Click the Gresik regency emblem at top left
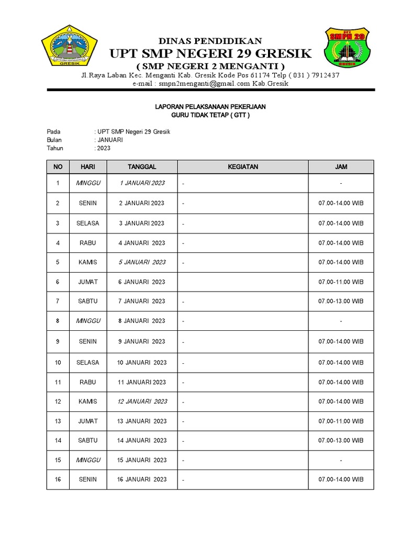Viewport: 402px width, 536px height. click(69, 47)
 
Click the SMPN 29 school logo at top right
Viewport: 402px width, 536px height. click(346, 51)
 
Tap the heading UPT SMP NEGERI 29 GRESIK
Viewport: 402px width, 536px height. click(210, 53)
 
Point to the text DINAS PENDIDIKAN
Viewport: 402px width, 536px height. click(210, 41)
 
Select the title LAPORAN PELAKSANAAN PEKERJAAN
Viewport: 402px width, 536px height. click(210, 107)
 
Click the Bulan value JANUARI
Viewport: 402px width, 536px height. click(109, 140)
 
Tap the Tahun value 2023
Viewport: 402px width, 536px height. click(104, 148)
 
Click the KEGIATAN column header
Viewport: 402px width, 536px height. click(243, 167)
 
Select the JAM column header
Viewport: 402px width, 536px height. click(341, 167)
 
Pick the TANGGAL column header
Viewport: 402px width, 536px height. click(142, 167)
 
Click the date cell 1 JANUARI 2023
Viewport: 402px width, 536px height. click(142, 183)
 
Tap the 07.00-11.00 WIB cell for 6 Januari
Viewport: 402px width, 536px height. click(341, 282)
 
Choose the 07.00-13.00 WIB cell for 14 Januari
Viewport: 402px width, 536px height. click(341, 440)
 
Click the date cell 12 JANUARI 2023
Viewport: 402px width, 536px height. click(142, 401)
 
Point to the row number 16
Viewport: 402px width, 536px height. click(58, 479)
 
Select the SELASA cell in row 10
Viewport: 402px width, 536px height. click(88, 362)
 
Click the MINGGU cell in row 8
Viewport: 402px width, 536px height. click(88, 321)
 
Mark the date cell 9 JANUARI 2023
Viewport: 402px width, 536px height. click(142, 341)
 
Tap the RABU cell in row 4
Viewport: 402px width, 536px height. click(88, 243)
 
